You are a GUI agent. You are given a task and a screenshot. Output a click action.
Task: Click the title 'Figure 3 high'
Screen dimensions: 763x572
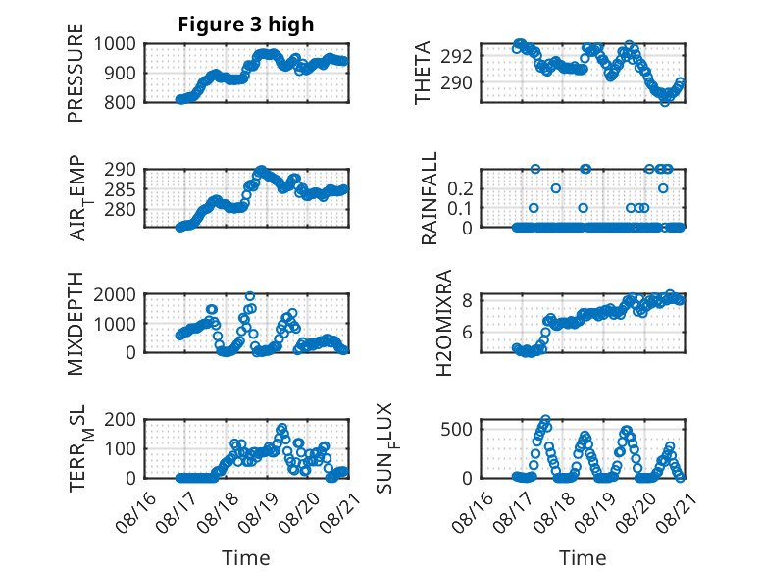tap(246, 25)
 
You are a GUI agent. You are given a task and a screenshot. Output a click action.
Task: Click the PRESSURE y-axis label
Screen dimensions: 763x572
tap(76, 73)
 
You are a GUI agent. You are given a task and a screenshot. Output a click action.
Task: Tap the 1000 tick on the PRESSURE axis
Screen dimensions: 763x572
tap(115, 44)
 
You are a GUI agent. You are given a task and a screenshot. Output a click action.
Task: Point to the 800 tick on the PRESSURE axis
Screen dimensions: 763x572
tap(120, 102)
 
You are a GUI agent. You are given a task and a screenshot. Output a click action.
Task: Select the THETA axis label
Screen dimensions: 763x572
tap(423, 73)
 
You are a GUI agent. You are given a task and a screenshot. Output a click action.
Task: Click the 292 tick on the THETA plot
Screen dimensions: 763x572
tap(456, 57)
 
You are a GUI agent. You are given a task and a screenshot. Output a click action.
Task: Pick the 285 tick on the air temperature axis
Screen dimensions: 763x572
tap(120, 189)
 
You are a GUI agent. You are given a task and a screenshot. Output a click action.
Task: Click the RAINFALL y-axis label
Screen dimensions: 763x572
tap(430, 198)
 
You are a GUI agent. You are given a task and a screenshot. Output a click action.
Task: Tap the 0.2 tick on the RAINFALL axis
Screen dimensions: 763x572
tap(460, 189)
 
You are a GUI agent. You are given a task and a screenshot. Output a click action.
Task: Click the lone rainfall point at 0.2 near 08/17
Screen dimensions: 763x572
tap(556, 188)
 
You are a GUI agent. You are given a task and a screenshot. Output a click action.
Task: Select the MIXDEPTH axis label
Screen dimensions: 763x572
tap(76, 324)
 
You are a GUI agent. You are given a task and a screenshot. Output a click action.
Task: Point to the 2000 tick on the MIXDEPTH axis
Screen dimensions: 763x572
tap(115, 294)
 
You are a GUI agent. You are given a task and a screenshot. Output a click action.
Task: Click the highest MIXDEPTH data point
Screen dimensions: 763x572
tap(250, 296)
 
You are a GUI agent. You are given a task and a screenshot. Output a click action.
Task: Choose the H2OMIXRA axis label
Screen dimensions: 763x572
tap(444, 323)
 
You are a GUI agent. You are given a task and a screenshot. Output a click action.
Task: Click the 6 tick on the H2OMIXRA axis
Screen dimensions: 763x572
tap(468, 332)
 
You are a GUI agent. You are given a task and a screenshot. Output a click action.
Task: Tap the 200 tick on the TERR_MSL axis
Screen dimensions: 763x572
tap(120, 420)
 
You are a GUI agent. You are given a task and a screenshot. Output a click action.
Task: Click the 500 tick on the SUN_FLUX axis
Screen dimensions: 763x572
tap(456, 429)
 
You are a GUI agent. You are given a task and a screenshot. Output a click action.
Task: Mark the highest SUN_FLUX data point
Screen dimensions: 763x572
tap(545, 419)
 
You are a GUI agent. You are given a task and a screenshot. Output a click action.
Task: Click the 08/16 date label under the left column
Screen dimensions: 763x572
tap(136, 512)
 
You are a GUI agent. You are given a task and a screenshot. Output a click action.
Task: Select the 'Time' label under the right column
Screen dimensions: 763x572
tap(583, 557)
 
